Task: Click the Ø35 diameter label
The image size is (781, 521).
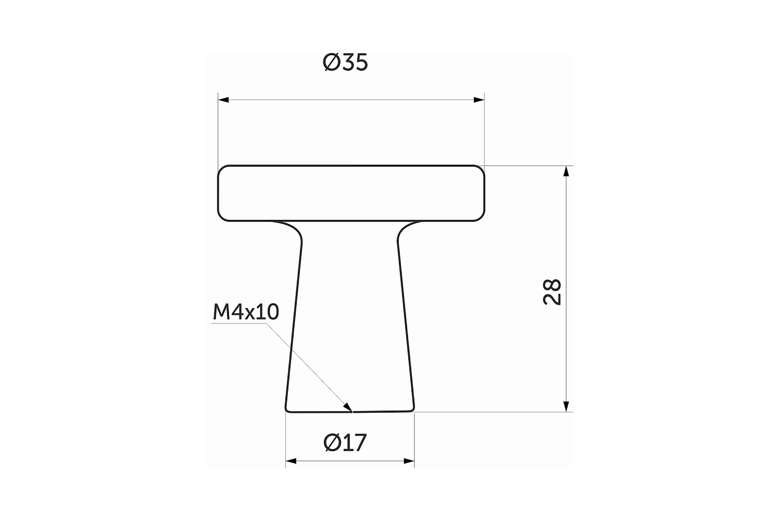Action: point(345,63)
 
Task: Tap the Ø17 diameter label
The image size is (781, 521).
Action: point(345,442)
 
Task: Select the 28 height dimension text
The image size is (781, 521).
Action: point(552,292)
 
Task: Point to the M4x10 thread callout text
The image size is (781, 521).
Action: point(246,312)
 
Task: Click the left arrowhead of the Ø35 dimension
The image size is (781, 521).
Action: point(223,100)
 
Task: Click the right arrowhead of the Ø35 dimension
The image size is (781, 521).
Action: point(479,100)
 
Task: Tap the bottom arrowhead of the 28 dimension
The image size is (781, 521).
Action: point(566,406)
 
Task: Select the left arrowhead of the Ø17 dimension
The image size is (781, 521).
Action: point(291,461)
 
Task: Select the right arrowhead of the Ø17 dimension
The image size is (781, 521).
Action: point(409,461)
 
